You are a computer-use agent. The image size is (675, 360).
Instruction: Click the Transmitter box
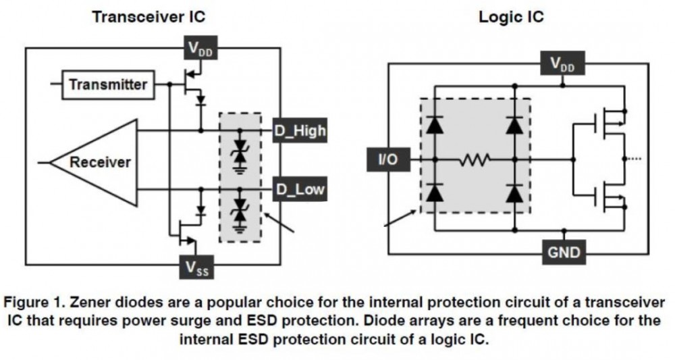(107, 84)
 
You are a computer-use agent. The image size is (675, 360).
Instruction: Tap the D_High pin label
(299, 130)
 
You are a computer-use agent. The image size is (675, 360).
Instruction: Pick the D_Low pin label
(299, 190)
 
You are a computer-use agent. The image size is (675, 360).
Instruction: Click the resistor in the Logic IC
(475, 161)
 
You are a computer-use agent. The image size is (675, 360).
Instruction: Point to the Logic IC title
(511, 17)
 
